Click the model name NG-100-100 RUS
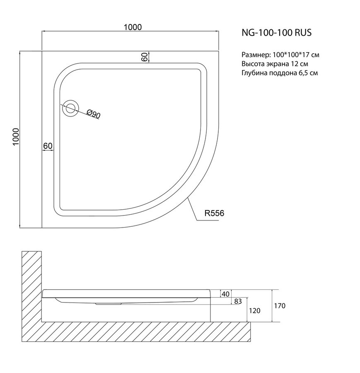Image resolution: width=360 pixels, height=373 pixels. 276,33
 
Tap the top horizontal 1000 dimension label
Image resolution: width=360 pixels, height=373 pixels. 133,27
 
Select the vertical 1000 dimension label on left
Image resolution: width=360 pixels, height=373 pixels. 16,137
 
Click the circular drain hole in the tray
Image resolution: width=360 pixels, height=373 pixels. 70,109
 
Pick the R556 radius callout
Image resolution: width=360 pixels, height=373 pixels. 214,213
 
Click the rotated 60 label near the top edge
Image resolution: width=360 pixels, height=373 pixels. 144,57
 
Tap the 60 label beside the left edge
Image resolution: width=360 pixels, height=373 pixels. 48,145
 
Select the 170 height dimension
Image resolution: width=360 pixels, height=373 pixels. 280,306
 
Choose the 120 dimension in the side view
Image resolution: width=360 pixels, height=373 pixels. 254,311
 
